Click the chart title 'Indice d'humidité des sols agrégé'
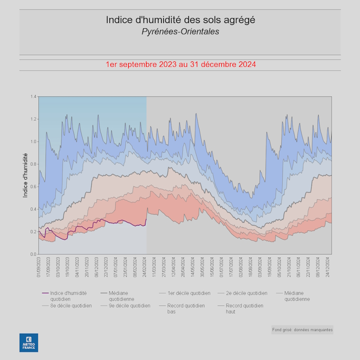(180, 20)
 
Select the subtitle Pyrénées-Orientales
(180, 32)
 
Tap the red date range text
(180, 64)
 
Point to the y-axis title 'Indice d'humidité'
(25, 175)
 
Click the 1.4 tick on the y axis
(34, 96)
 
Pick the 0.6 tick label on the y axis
(34, 187)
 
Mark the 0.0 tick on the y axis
(34, 254)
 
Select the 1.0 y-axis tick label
(34, 142)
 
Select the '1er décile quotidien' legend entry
(188, 293)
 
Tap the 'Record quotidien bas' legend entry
(185, 308)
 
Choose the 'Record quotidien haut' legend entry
(244, 308)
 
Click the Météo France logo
(29, 342)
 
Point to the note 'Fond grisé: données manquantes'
(302, 330)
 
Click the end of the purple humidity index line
(146, 219)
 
